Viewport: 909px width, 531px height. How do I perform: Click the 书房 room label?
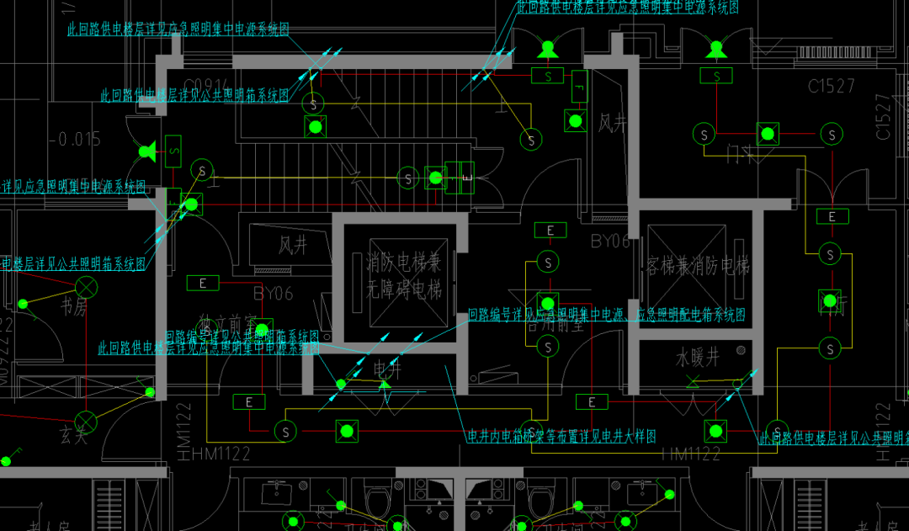click(x=74, y=307)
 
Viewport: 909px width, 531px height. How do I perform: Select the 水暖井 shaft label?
click(x=698, y=358)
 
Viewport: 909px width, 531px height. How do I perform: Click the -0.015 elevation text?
click(x=75, y=139)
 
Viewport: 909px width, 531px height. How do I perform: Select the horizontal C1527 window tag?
click(x=831, y=86)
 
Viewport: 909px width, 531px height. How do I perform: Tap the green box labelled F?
click(x=578, y=84)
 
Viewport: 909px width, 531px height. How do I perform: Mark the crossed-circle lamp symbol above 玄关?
click(x=86, y=419)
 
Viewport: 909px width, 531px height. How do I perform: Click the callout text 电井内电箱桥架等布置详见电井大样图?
click(x=561, y=436)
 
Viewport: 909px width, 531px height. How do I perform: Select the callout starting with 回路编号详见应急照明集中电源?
click(x=606, y=316)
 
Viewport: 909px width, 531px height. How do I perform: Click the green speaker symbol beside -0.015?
click(x=147, y=152)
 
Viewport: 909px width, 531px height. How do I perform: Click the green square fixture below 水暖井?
click(x=715, y=431)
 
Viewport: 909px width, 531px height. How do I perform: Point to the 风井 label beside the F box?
click(x=613, y=125)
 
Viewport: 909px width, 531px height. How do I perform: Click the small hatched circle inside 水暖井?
click(x=740, y=350)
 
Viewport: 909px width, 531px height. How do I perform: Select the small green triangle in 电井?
click(x=385, y=385)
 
